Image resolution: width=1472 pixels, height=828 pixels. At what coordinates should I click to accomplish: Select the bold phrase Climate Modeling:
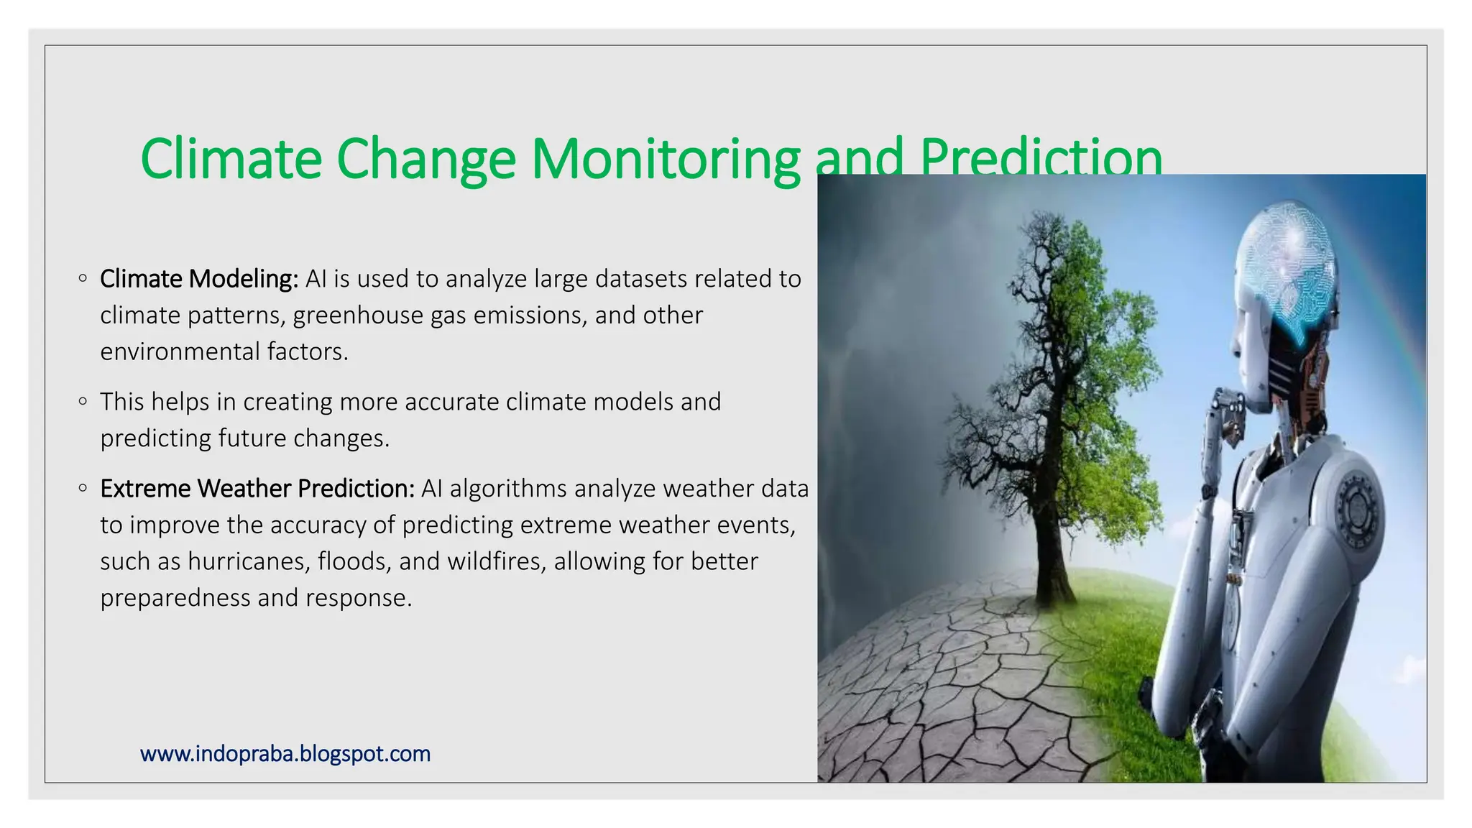coord(199,279)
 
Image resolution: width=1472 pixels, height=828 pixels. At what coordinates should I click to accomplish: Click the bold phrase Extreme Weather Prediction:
coord(257,489)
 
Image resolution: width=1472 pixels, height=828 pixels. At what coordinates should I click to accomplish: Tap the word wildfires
coord(496,561)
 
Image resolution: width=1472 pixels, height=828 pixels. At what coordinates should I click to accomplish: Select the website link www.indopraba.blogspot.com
coord(285,754)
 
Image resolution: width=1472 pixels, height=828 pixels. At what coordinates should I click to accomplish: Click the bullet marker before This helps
coord(83,402)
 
